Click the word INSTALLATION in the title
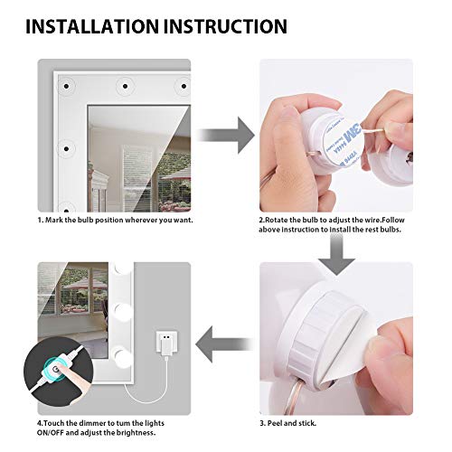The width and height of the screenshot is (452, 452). (92, 26)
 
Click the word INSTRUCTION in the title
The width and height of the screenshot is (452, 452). (225, 26)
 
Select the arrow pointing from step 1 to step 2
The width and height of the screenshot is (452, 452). (225, 135)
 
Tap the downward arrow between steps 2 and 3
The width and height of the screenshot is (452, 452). (336, 255)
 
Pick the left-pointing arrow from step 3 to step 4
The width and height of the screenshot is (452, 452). (224, 344)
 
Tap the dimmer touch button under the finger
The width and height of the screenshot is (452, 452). (55, 368)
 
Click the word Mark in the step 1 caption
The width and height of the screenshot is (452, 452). (53, 220)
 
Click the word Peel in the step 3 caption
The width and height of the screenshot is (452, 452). (275, 423)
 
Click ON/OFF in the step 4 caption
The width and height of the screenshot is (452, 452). (50, 433)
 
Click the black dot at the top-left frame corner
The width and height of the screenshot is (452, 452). (66, 87)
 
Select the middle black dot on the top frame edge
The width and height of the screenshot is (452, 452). (125, 87)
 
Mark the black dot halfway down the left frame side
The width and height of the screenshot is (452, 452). (66, 148)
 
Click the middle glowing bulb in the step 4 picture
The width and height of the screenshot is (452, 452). (122, 312)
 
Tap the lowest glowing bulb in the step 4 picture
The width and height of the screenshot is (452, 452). (122, 357)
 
